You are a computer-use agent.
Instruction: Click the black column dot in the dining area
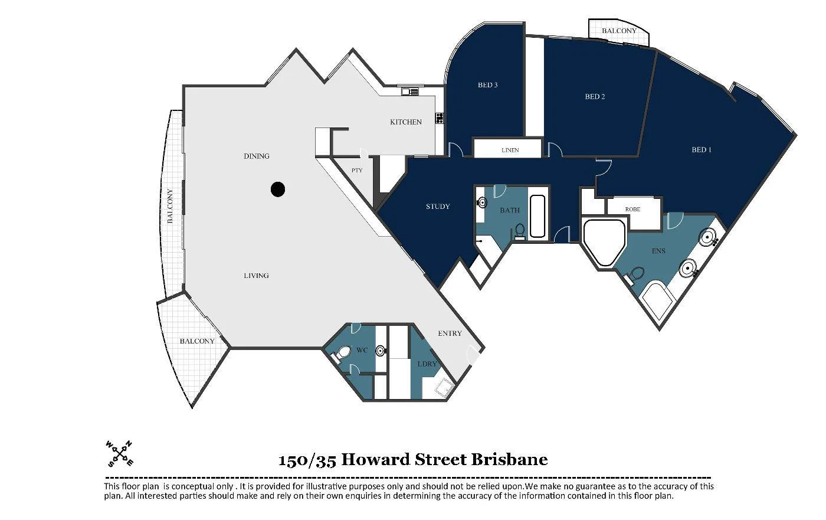point(278,189)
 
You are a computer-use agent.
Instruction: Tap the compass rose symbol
point(119,453)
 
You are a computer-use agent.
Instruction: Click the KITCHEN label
point(406,122)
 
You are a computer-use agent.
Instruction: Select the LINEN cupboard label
point(510,150)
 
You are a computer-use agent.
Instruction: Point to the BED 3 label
point(487,85)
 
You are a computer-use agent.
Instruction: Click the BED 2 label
point(595,96)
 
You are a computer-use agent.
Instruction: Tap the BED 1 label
point(701,150)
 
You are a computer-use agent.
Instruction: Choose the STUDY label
point(438,207)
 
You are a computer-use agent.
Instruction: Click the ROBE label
point(632,209)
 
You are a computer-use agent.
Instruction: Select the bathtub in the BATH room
point(537,217)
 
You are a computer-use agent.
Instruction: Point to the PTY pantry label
point(357,171)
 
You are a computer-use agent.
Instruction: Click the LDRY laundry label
point(427,364)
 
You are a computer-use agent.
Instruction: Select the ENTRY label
point(450,333)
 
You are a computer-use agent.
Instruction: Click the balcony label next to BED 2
point(619,31)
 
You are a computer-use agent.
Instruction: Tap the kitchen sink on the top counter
point(409,91)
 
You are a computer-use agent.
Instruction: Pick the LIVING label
point(256,276)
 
